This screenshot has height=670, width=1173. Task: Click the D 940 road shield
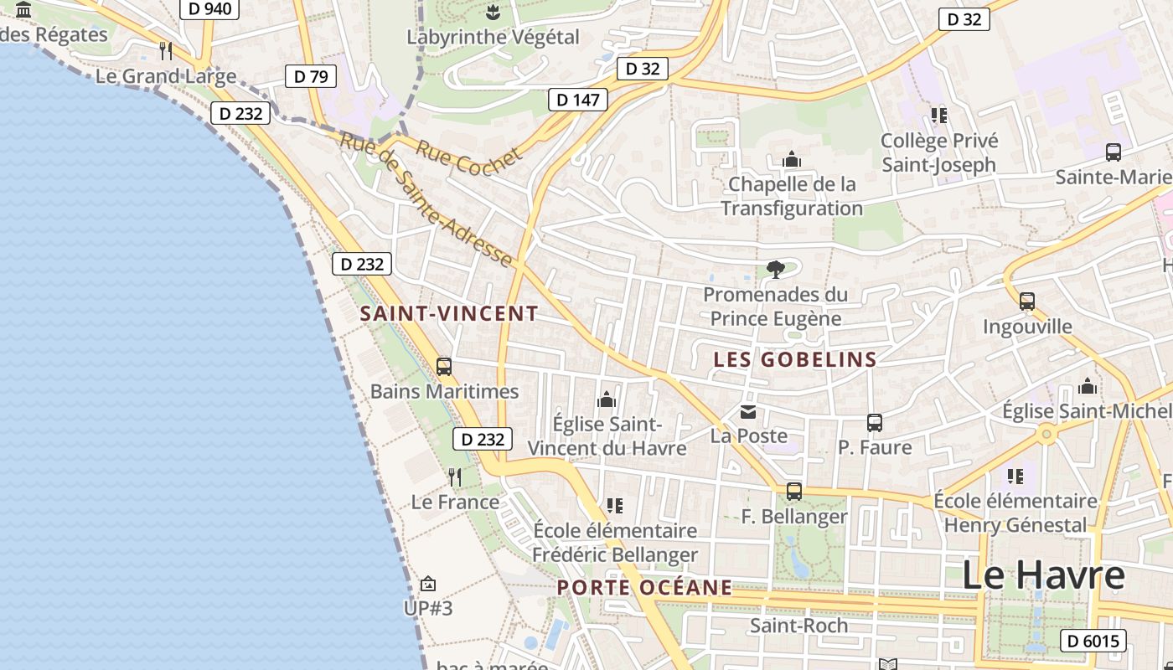tap(209, 9)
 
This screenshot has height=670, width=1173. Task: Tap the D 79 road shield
tap(310, 77)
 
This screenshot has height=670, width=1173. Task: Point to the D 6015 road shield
tap(1093, 642)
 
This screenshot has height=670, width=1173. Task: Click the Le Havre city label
tap(1043, 575)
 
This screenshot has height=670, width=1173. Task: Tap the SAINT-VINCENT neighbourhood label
tap(449, 314)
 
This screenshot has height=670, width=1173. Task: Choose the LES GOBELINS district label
tap(795, 360)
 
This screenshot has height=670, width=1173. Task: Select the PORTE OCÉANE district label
tap(645, 588)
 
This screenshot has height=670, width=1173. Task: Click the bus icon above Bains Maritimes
tap(444, 367)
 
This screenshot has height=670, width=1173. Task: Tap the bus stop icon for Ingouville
tap(1027, 301)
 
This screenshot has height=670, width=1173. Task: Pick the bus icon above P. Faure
tap(875, 423)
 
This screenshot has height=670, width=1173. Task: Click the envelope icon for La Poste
tap(748, 412)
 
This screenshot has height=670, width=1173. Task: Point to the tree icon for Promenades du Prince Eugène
tap(776, 270)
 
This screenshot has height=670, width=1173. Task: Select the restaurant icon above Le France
tap(455, 477)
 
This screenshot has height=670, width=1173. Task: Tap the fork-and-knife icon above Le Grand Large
tap(166, 51)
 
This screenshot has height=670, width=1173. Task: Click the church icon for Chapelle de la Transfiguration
tap(792, 159)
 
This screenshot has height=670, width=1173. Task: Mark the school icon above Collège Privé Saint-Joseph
tap(939, 116)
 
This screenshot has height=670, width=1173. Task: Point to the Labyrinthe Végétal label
tap(493, 37)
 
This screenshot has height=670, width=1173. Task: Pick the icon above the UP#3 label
tap(428, 583)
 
